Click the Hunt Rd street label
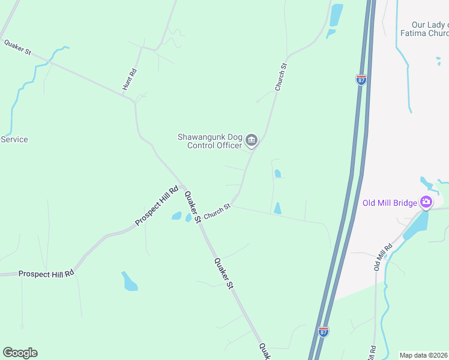pos(130,80)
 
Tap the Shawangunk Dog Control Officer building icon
pos(252,141)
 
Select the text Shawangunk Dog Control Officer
pos(209,141)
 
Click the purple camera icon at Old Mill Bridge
pos(426,202)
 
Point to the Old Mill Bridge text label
pos(390,203)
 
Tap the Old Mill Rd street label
pos(383,256)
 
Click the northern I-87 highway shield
pos(361,80)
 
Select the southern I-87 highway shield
pos(323,332)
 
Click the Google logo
pos(20,353)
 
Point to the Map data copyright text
pos(424,355)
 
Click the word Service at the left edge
pos(14,139)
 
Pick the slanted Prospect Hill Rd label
pos(157,206)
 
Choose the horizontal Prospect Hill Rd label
pos(46,274)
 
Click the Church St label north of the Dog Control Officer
pos(281,77)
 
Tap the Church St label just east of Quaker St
pos(217,212)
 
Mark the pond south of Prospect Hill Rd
pos(130,281)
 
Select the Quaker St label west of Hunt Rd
pos(17,47)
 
